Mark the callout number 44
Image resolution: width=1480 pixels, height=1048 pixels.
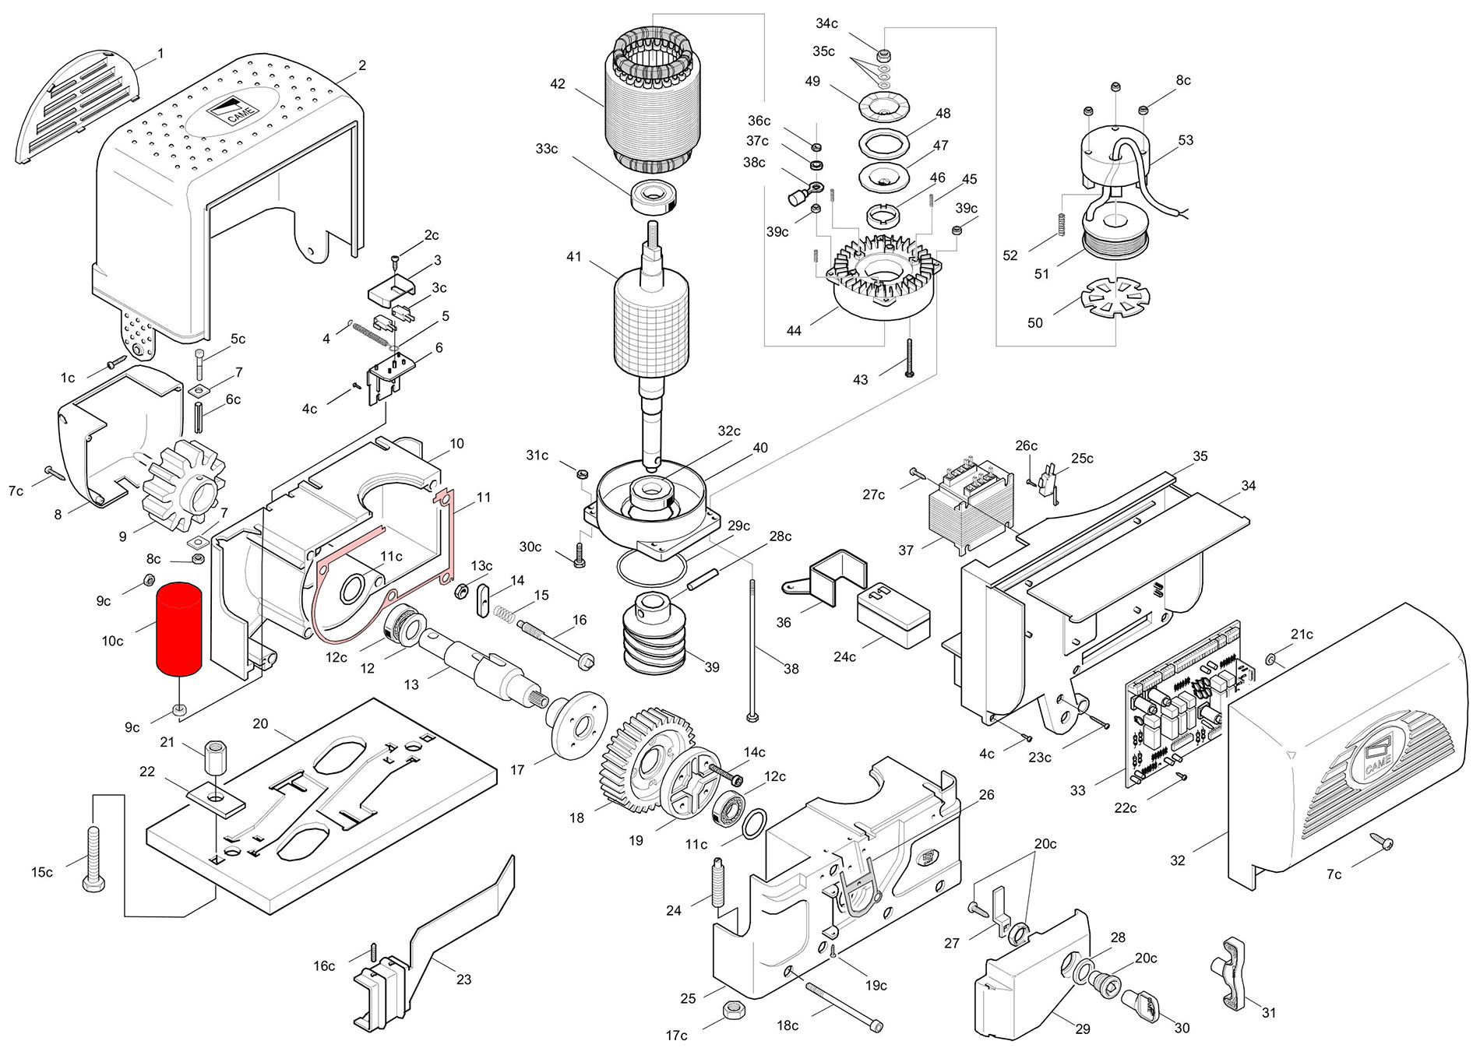(x=793, y=331)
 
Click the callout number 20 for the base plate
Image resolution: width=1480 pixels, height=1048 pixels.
(x=260, y=723)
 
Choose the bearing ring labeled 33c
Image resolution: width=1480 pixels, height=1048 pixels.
(x=654, y=198)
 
